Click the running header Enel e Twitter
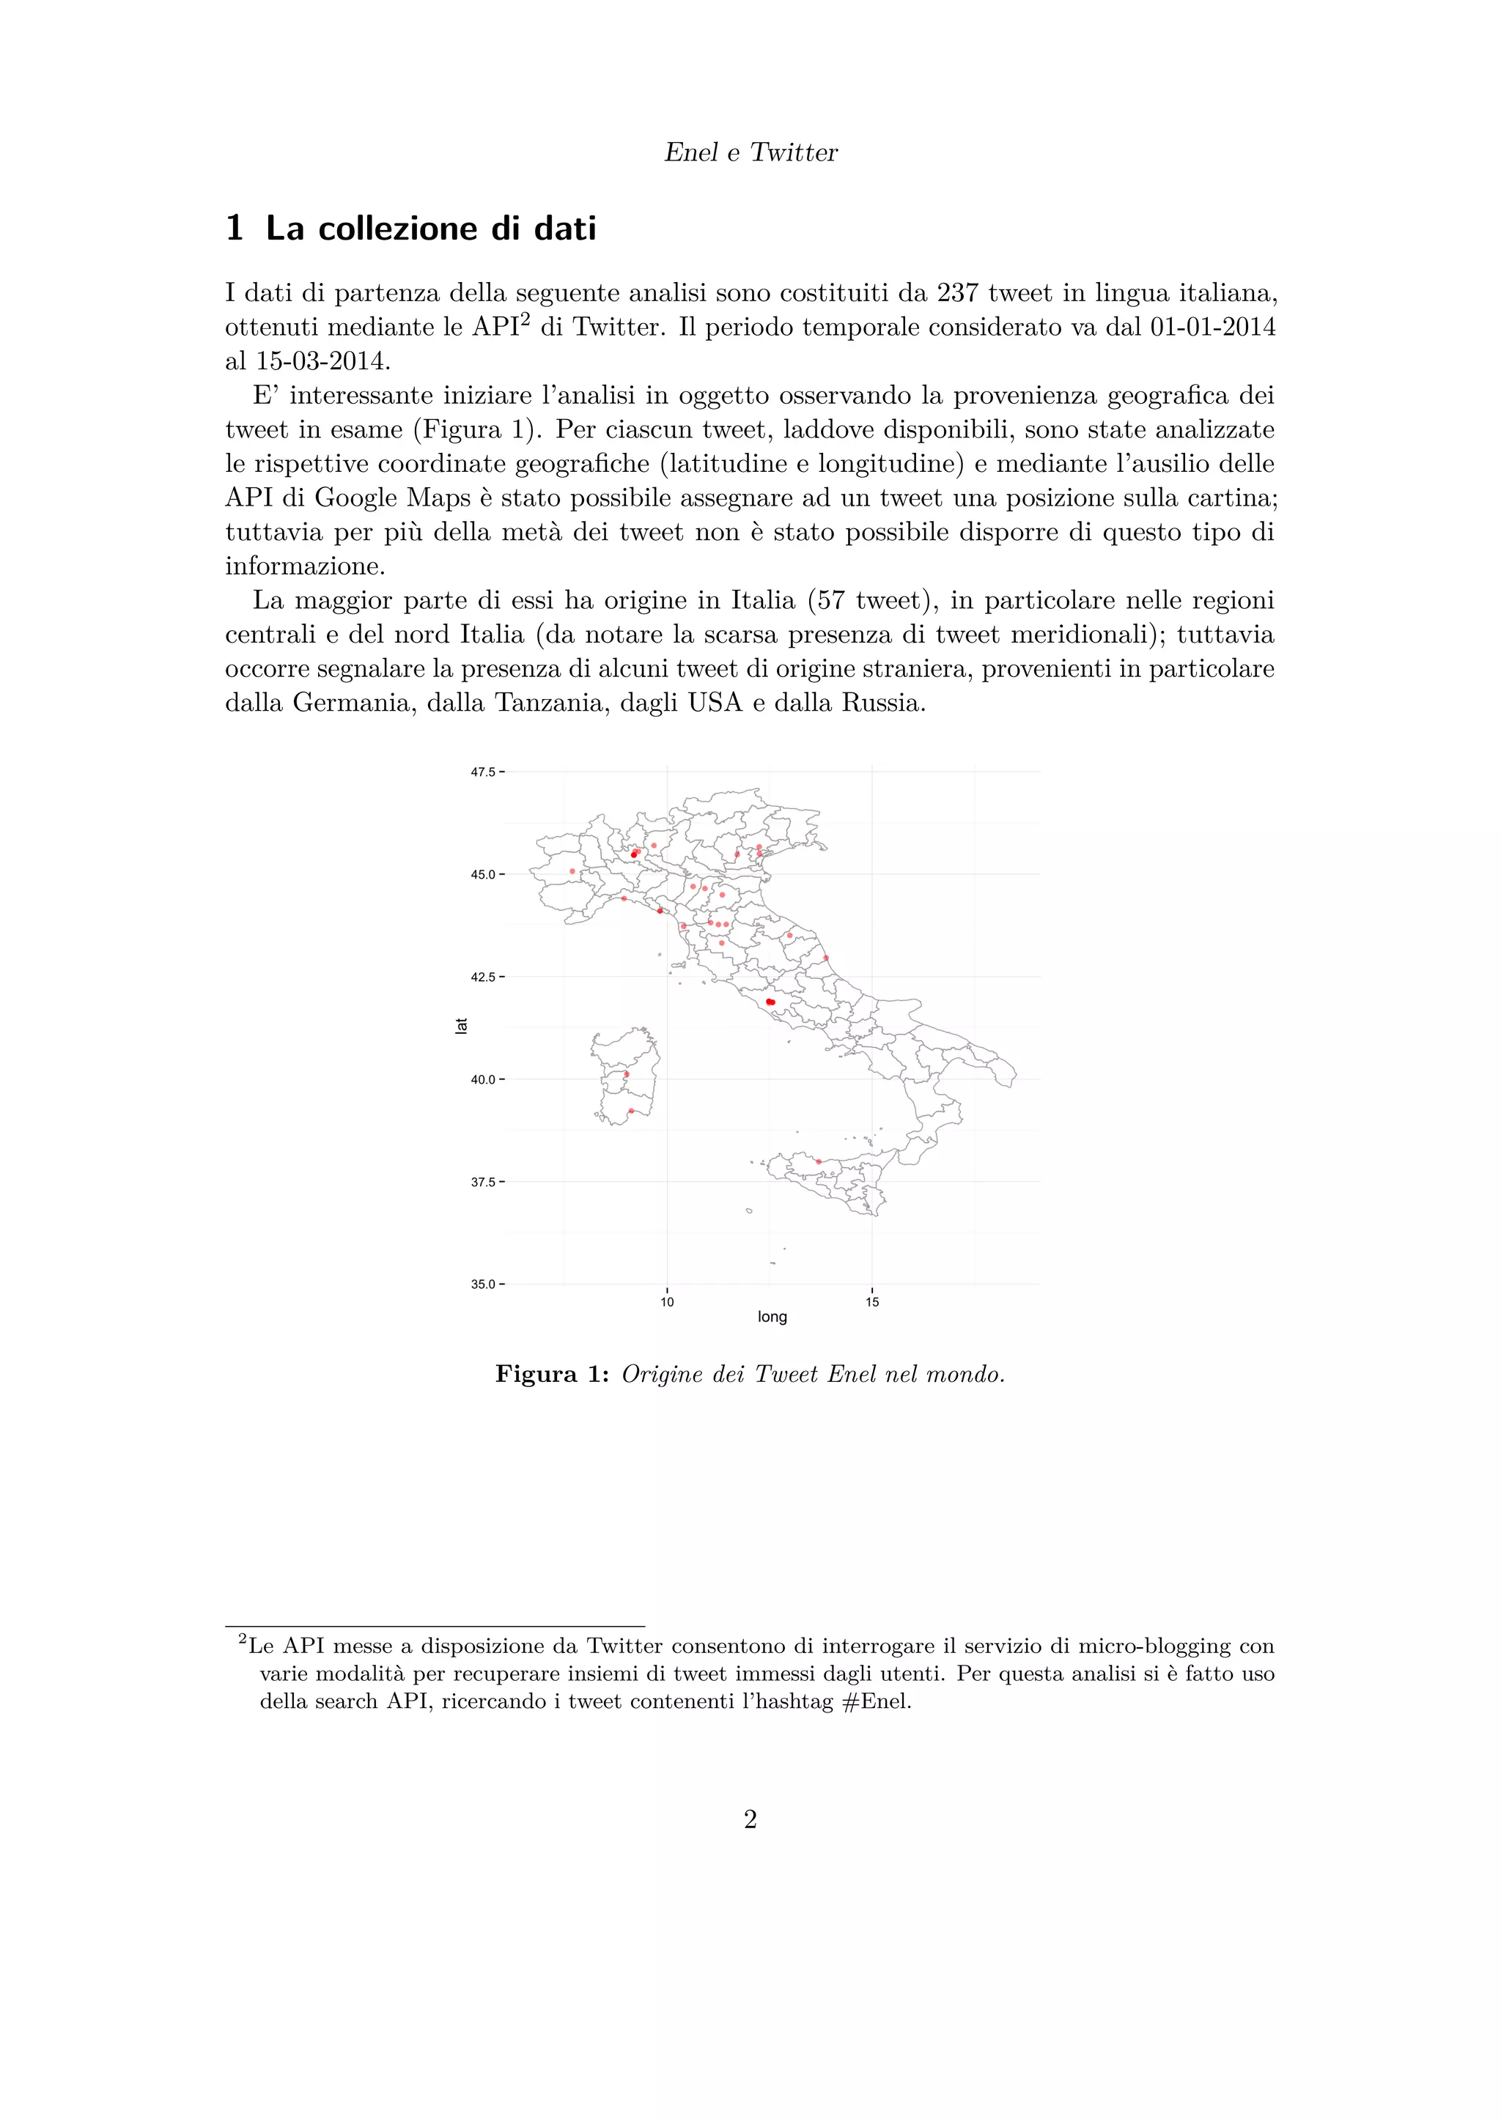point(750,152)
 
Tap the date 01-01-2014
point(1212,328)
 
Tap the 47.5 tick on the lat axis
point(484,772)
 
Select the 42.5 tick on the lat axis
point(484,977)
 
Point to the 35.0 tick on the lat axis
point(484,1284)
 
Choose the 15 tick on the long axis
point(872,1302)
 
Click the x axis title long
point(772,1317)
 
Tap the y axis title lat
point(461,1026)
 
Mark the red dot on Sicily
point(819,1161)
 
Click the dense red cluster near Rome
point(770,1002)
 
